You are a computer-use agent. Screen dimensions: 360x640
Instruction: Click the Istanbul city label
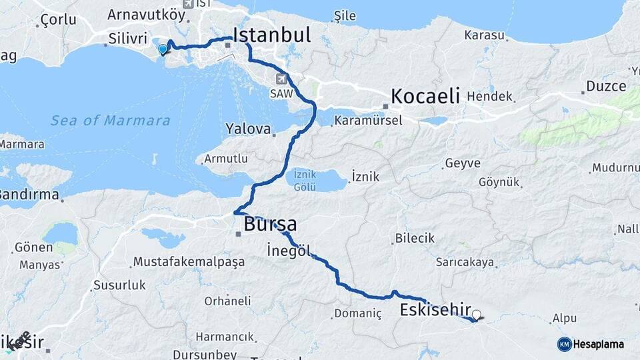pos(271,35)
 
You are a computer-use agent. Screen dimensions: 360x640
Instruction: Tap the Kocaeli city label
pos(425,95)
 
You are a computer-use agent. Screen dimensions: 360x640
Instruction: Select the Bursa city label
pos(270,224)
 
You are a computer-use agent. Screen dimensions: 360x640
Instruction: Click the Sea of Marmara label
pos(110,121)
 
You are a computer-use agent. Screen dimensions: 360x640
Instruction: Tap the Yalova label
pos(248,128)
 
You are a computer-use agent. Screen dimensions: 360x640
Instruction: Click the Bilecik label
pos(414,238)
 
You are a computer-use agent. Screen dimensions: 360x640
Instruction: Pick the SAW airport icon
pos(281,79)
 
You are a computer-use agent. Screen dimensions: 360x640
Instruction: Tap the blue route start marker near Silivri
pos(163,49)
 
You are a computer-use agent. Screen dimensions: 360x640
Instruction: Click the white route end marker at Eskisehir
pos(476,314)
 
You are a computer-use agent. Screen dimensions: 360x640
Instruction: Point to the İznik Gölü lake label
pos(306,181)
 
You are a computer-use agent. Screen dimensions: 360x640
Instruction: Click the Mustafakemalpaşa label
pos(189,262)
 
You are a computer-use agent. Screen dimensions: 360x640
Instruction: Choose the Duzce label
pos(606,86)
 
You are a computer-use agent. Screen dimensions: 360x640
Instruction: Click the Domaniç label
pos(357,313)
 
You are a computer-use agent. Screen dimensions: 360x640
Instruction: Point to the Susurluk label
pos(119,285)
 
